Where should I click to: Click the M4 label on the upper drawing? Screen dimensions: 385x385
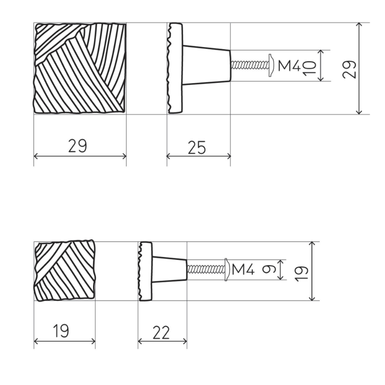[x=289, y=66]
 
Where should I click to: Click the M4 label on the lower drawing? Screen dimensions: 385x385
[x=243, y=270]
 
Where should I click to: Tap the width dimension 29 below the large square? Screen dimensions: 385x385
[x=77, y=146]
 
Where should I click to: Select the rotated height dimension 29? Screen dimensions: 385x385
[x=349, y=69]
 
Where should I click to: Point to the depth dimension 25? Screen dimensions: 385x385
[x=197, y=147]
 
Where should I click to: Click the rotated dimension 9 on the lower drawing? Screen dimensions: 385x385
[x=269, y=270]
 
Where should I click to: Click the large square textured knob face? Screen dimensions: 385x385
[x=80, y=68]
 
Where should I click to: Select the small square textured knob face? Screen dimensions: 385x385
[x=64, y=271]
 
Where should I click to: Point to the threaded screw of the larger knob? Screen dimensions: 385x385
[x=249, y=65]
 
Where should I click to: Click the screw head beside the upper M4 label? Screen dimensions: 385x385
[x=271, y=65]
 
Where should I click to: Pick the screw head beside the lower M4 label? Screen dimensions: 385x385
[x=226, y=269]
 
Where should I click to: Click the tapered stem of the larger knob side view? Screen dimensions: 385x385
[x=206, y=65]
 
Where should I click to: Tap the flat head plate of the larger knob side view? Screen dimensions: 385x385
[x=175, y=68]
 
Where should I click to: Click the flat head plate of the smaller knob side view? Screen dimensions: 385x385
[x=145, y=271]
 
